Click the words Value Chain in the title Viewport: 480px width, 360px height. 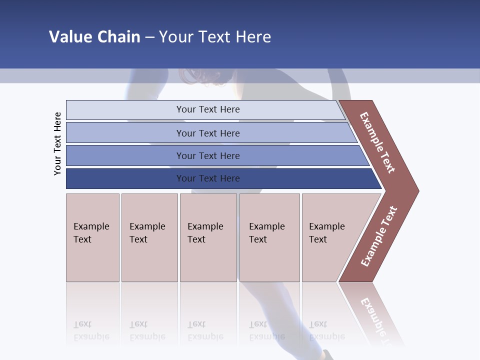click(x=94, y=36)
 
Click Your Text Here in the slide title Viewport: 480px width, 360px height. click(x=215, y=36)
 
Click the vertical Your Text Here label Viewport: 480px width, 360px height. click(x=57, y=143)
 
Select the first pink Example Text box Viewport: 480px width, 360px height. click(x=92, y=237)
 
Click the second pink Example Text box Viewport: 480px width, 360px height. click(x=149, y=237)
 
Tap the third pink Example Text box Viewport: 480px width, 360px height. click(x=208, y=237)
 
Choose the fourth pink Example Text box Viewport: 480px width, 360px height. click(x=269, y=237)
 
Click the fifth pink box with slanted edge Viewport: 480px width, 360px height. click(x=330, y=237)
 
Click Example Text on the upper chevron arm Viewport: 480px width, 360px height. click(x=377, y=142)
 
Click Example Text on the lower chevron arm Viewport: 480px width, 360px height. click(x=379, y=236)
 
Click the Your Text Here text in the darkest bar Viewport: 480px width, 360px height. click(x=208, y=178)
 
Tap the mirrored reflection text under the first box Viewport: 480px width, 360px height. click(x=91, y=330)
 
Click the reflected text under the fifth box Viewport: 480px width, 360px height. click(x=326, y=330)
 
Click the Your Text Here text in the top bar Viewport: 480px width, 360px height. click(x=208, y=109)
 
